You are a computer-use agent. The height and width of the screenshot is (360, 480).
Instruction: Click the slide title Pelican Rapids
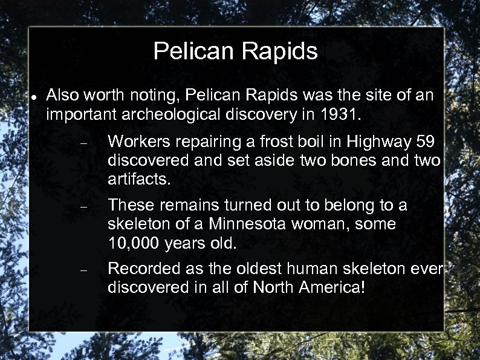point(235,51)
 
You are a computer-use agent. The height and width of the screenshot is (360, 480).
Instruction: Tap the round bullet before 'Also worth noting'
point(35,97)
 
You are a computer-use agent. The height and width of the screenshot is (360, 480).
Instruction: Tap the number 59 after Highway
point(426,142)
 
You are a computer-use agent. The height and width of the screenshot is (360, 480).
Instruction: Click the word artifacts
point(138,178)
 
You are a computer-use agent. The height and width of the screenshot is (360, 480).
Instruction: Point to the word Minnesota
point(249,224)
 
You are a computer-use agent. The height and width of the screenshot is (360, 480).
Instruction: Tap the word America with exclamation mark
point(333,287)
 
